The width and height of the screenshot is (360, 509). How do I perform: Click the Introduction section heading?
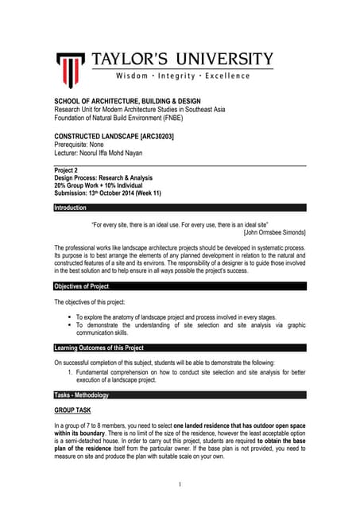(x=71, y=208)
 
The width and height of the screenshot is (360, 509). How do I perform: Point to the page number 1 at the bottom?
(x=180, y=484)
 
